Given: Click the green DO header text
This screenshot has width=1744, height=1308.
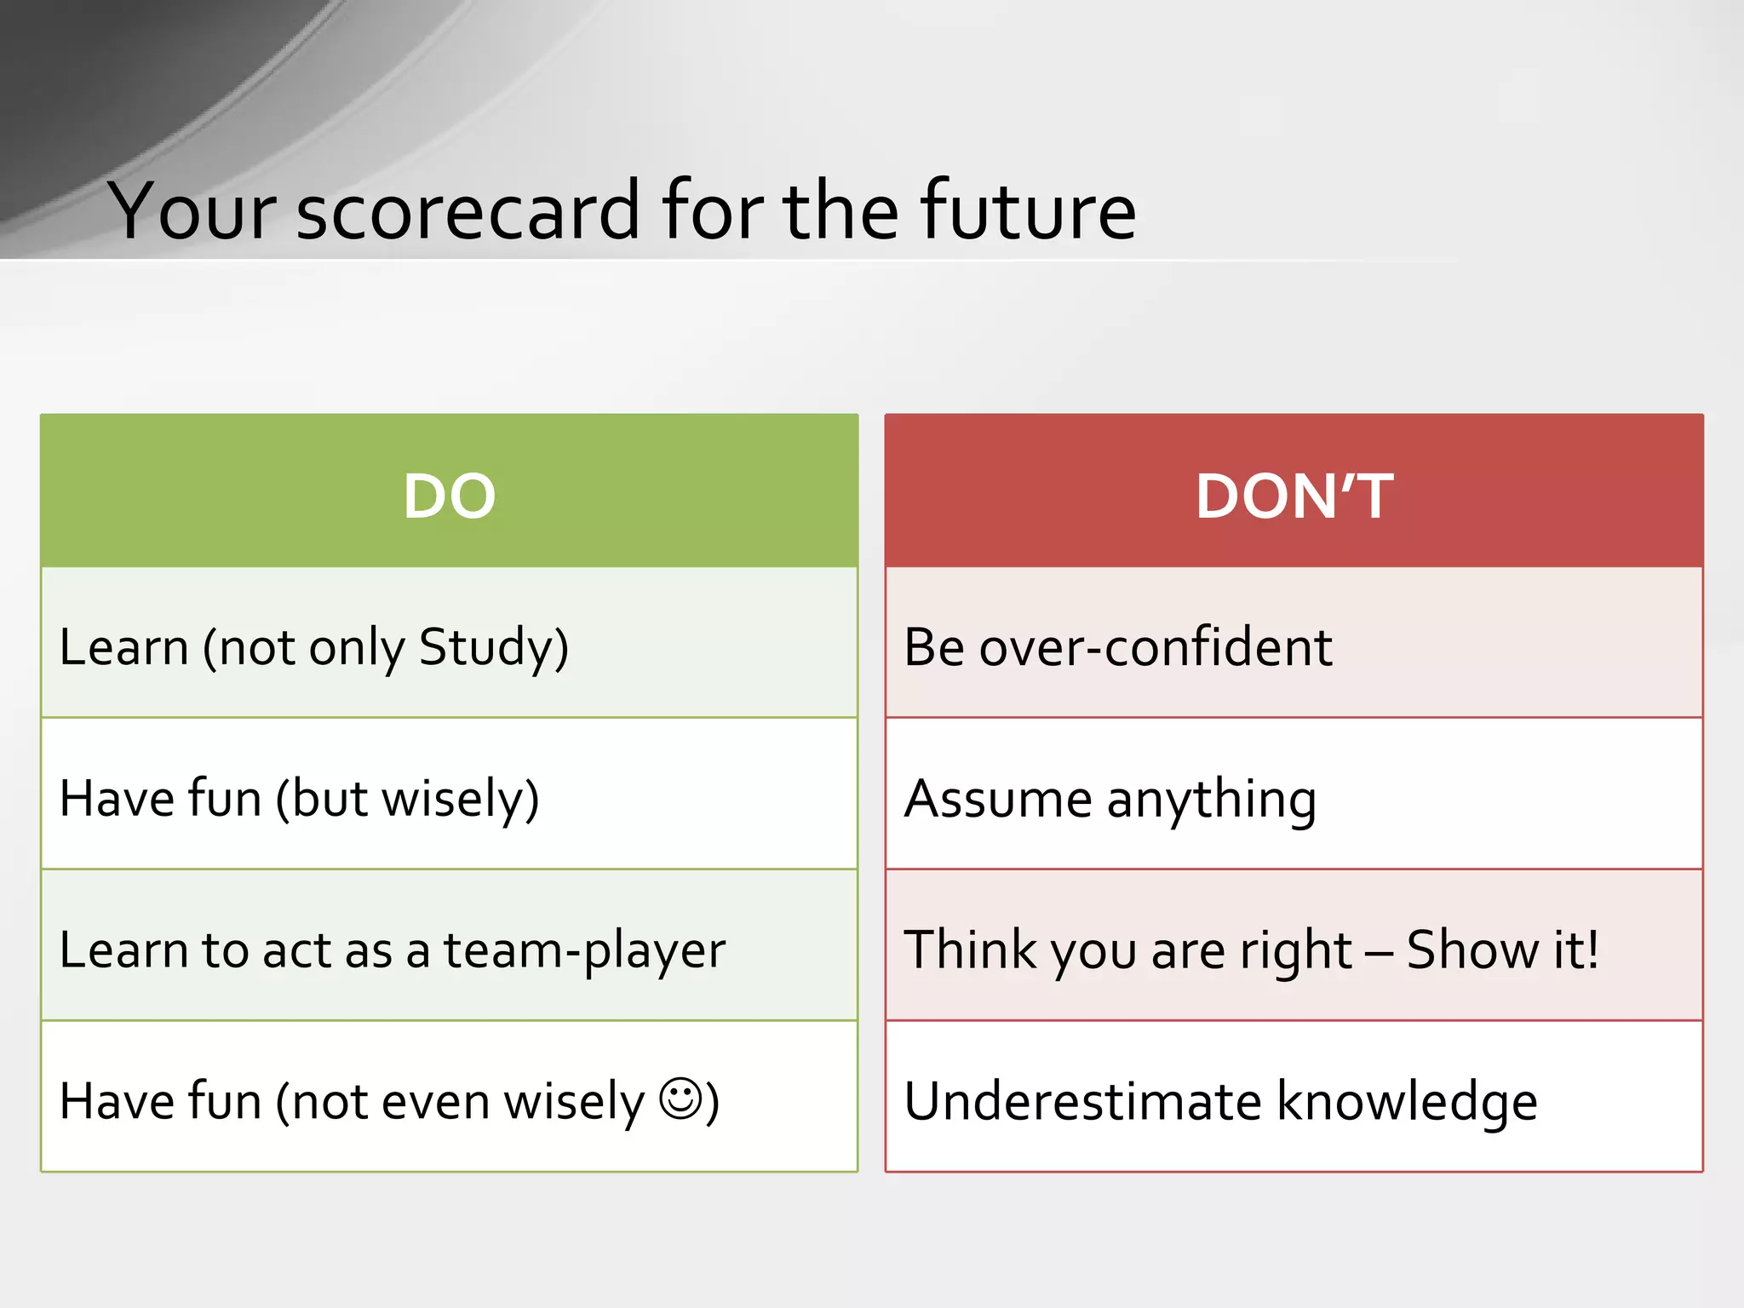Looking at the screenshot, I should [x=449, y=496].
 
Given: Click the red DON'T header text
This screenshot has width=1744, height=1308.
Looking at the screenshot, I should [x=1294, y=496].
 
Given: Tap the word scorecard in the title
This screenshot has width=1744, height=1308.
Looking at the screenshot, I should [x=468, y=211].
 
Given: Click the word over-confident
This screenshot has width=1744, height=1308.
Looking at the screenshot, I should [x=1156, y=648].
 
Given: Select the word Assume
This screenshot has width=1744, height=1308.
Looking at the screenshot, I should [x=997, y=800].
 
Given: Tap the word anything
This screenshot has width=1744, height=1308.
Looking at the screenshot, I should [x=1212, y=801].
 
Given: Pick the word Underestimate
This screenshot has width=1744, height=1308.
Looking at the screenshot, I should [x=1082, y=1102].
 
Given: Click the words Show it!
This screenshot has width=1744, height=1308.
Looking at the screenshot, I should [x=1502, y=950].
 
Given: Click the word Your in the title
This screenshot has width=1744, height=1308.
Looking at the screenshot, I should [x=192, y=211].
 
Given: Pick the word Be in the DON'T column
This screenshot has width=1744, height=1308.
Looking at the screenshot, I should [x=934, y=648].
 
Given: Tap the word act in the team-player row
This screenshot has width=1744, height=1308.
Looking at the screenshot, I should [x=297, y=951].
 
